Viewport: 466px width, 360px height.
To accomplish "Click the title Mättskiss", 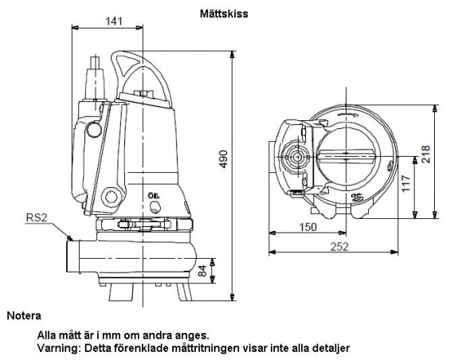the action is pyautogui.click(x=224, y=14).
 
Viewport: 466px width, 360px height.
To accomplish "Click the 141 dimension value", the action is pyautogui.click(x=114, y=21).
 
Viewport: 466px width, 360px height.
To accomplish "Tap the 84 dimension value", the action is pyautogui.click(x=202, y=270).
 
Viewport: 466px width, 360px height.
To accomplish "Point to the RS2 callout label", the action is pyautogui.click(x=37, y=217).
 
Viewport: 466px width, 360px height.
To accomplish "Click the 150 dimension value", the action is pyautogui.click(x=307, y=227).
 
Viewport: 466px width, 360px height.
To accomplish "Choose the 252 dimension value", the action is pyautogui.click(x=339, y=247).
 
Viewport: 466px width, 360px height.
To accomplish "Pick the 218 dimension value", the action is pyautogui.click(x=425, y=154).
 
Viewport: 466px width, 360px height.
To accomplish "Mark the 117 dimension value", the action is pyautogui.click(x=405, y=183).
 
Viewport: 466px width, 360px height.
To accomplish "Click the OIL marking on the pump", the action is pyautogui.click(x=154, y=195).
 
